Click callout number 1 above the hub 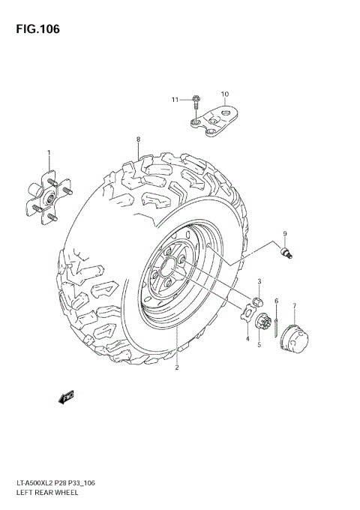[x=49, y=153]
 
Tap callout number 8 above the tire [x=138, y=139]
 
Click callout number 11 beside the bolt [x=174, y=100]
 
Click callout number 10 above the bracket [x=223, y=94]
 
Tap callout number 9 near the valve [x=285, y=234]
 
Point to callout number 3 [x=259, y=281]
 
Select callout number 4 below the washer [x=247, y=339]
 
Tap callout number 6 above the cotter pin [x=276, y=301]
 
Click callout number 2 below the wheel [x=177, y=367]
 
